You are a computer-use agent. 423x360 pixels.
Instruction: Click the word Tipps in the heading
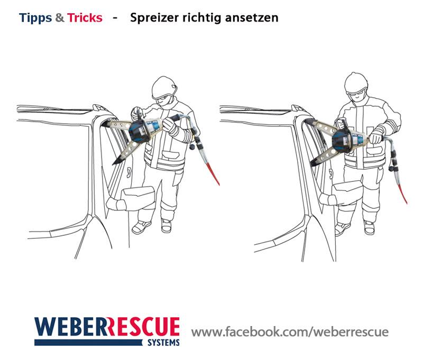[x=35, y=18]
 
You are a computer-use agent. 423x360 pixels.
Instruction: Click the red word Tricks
[x=85, y=17]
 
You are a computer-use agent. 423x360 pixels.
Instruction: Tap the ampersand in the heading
[x=60, y=18]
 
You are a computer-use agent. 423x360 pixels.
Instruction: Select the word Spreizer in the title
[x=154, y=18]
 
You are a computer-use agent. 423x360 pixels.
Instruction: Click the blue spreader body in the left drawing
[x=139, y=130]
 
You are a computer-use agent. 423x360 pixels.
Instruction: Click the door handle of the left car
[x=130, y=172]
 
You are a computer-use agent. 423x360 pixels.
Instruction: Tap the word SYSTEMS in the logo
[x=163, y=343]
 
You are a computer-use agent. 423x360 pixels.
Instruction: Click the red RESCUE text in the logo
[x=144, y=327]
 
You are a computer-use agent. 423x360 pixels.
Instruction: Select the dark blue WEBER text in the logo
[x=71, y=327]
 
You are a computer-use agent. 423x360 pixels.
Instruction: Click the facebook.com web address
[x=290, y=331]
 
